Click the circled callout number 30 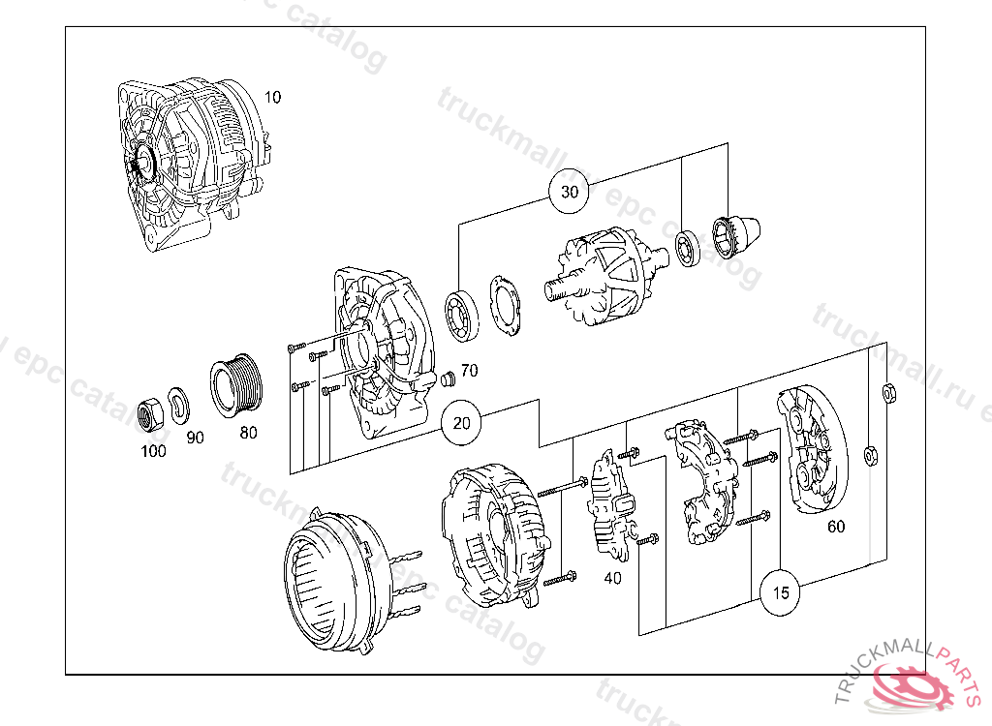coord(570,192)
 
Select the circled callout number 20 coord(462,423)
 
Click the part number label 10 coord(272,97)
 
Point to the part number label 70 coord(469,371)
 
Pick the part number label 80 coord(249,433)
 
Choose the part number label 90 coord(195,437)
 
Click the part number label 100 coord(152,450)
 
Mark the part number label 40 coord(612,578)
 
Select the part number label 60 coord(835,528)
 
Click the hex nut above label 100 coord(152,414)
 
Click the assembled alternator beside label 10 coord(189,165)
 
